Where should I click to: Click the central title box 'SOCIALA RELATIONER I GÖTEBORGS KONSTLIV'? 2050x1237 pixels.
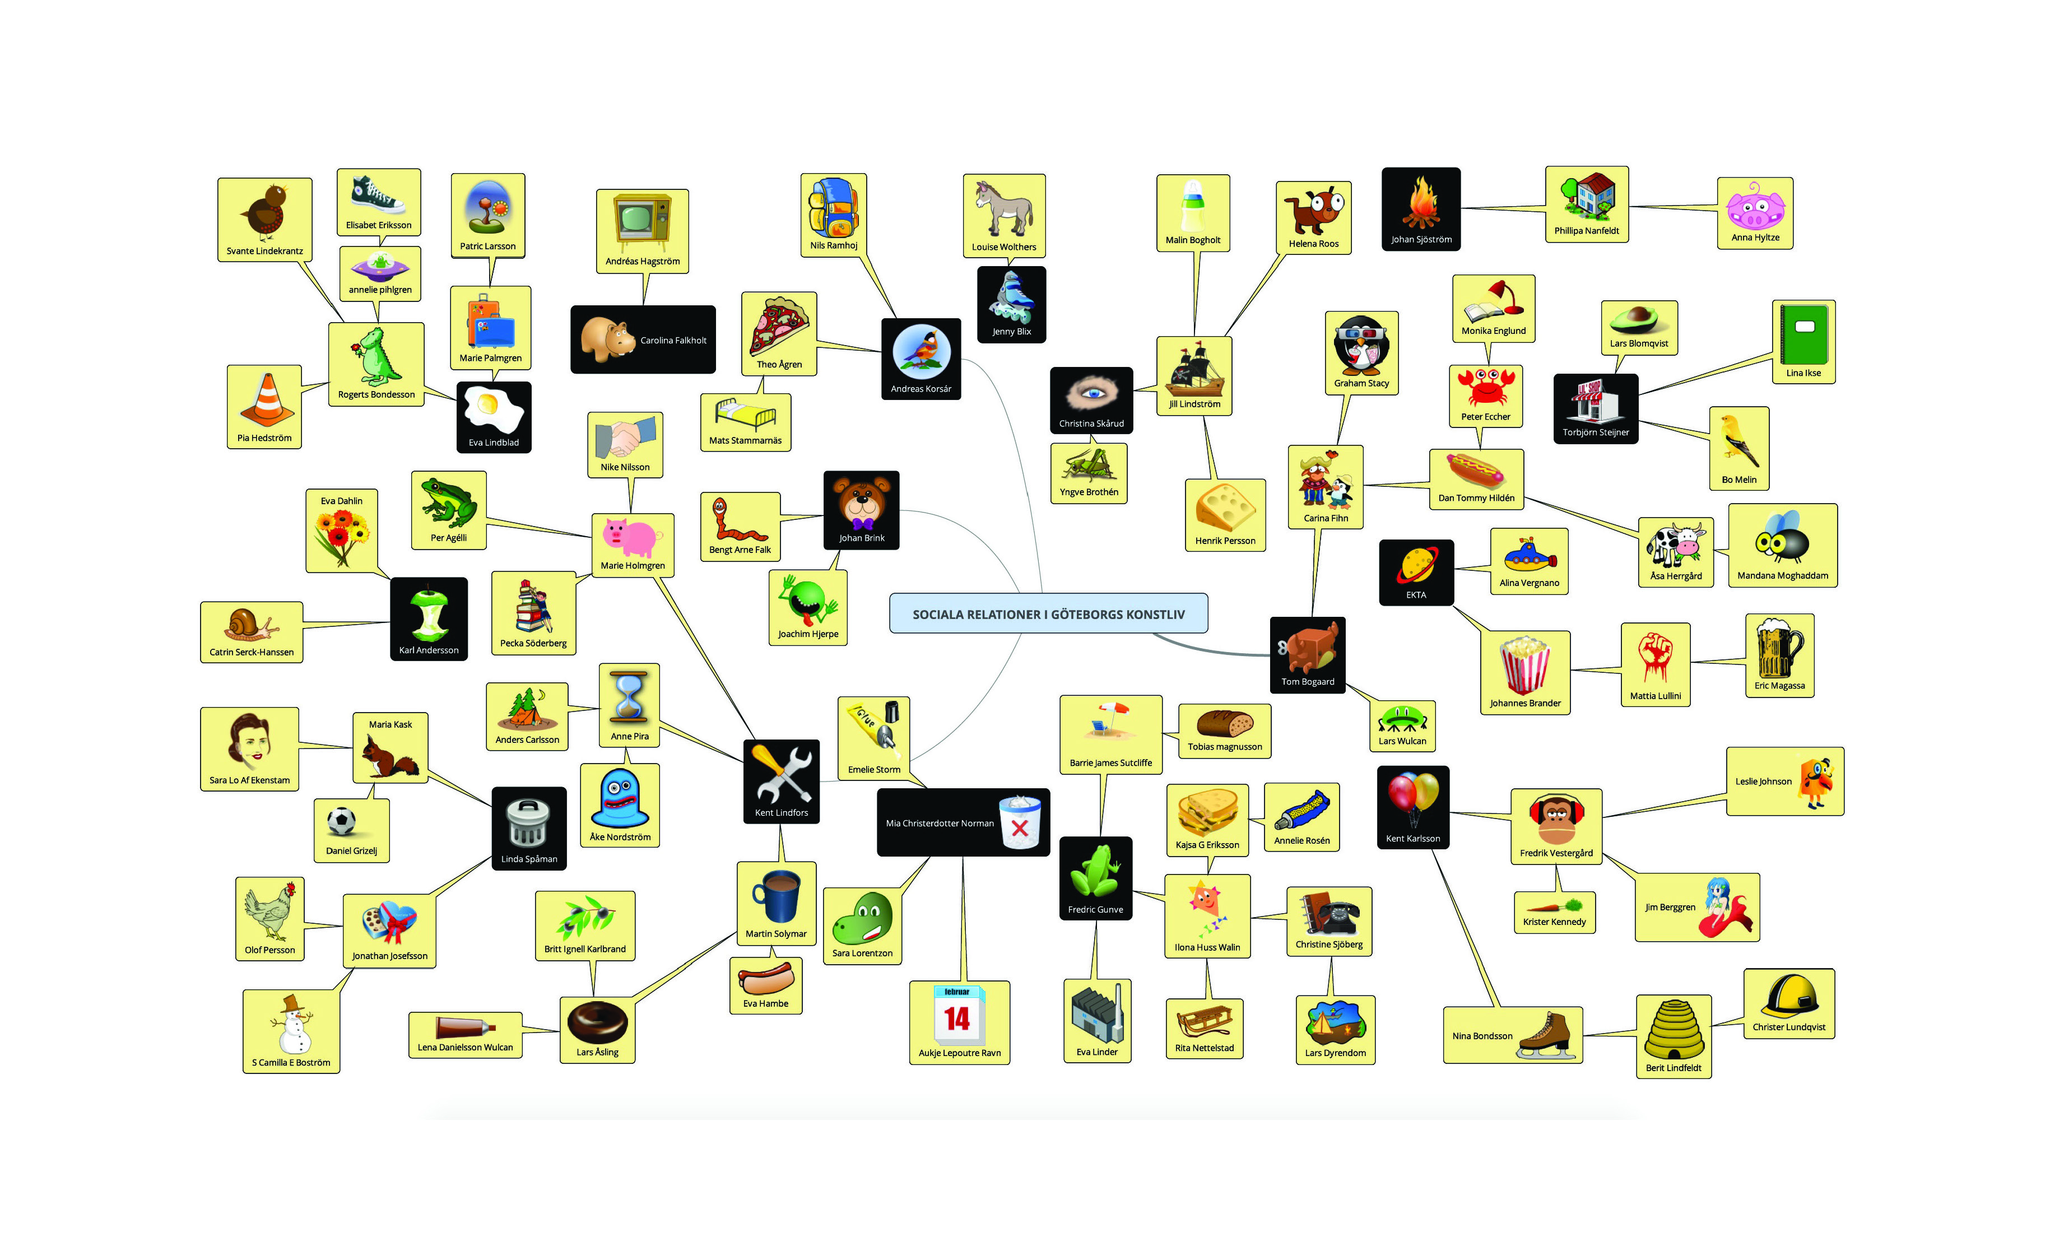[1048, 614]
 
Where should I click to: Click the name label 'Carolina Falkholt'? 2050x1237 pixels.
[673, 340]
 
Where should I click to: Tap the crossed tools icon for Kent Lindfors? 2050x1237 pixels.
[780, 774]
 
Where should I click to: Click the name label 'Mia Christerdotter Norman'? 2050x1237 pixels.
[940, 824]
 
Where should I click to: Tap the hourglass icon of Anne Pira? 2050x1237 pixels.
[629, 697]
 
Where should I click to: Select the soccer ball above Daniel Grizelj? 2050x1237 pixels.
[342, 822]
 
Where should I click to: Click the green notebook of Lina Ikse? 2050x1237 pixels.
[1803, 334]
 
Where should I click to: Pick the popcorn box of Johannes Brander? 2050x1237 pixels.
[1524, 664]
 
